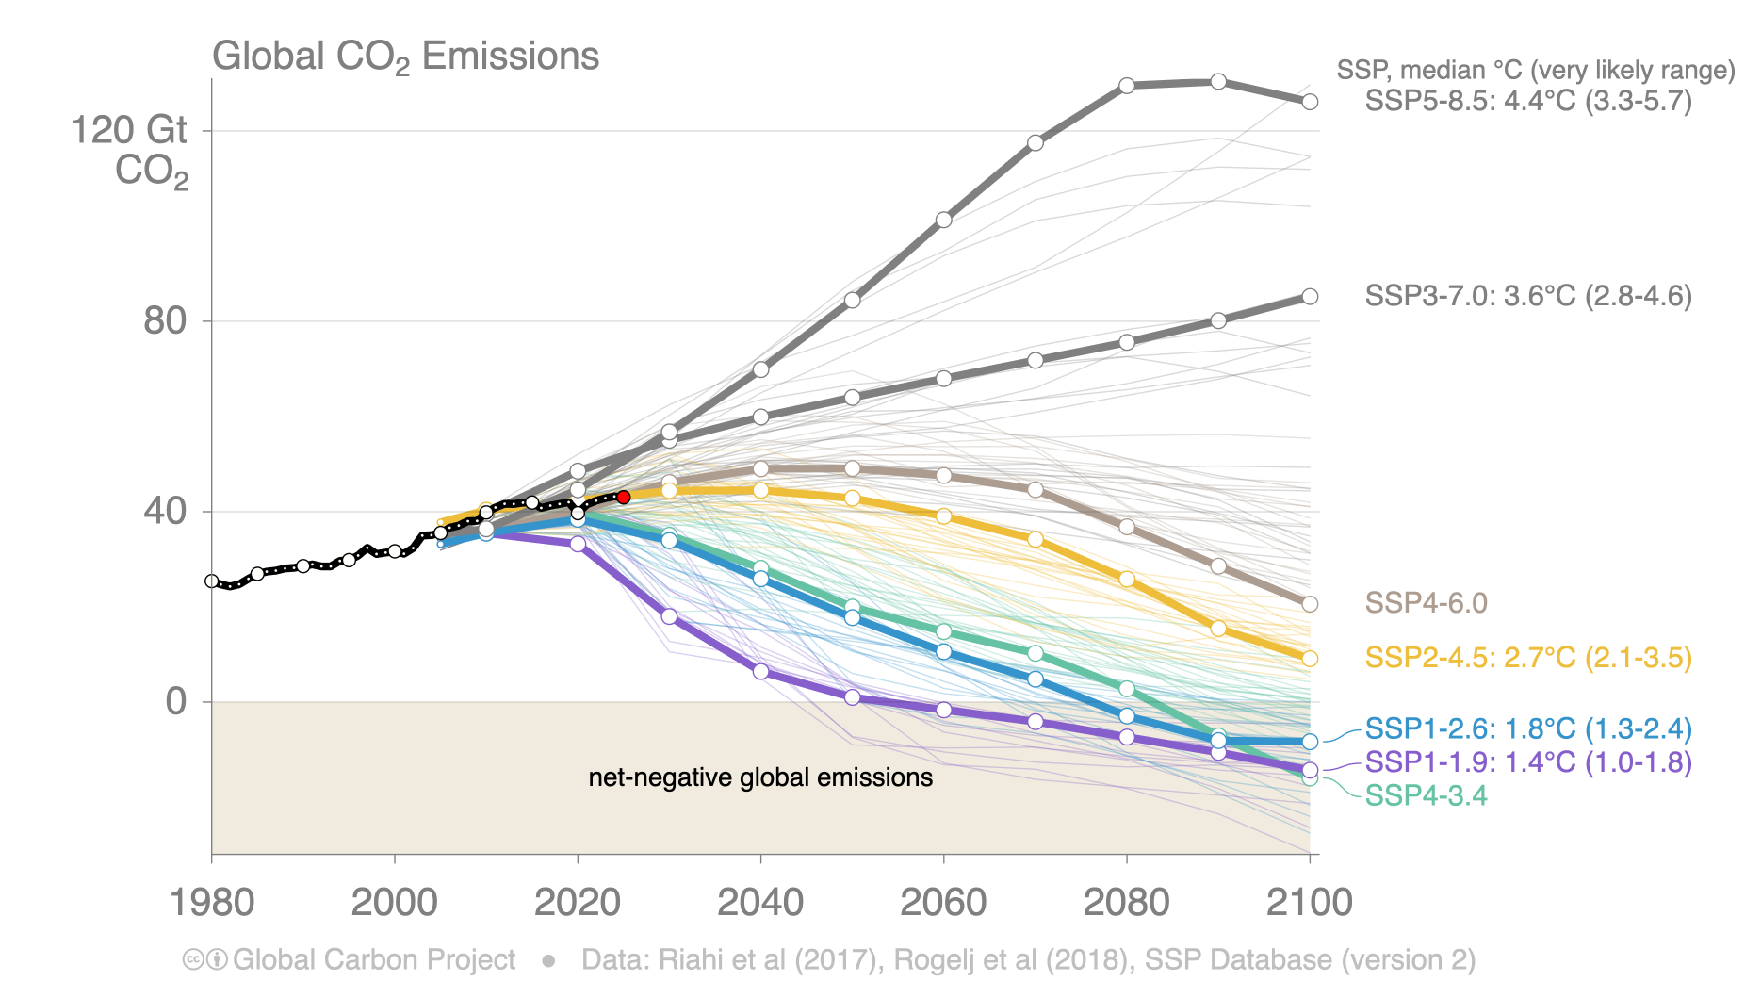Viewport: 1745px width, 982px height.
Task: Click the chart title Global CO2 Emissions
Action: click(405, 57)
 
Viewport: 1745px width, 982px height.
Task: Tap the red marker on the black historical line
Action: click(623, 497)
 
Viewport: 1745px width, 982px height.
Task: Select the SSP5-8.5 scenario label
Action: click(1527, 101)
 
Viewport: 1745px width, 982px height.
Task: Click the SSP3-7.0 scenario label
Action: click(1527, 296)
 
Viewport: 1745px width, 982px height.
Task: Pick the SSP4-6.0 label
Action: click(1426, 603)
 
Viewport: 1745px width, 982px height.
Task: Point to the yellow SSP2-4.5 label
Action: click(1527, 658)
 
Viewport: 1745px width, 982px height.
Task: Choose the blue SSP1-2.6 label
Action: click(1527, 728)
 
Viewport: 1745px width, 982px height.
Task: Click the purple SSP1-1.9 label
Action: click(1527, 761)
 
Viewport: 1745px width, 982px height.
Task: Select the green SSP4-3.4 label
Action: click(1426, 795)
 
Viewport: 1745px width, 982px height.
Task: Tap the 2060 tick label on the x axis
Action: click(943, 902)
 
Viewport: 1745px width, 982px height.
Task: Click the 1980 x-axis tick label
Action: click(212, 902)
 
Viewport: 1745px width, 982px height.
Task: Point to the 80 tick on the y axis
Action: click(165, 321)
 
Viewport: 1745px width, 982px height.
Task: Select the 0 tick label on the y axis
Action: click(176, 701)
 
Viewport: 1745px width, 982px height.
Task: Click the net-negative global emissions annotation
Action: click(760, 777)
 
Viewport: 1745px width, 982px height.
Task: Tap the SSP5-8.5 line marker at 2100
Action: click(1310, 102)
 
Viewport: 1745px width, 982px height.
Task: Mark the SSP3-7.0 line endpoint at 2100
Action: click(1310, 297)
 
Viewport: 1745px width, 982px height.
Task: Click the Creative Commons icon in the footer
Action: click(193, 959)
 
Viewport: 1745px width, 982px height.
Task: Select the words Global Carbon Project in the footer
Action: click(374, 959)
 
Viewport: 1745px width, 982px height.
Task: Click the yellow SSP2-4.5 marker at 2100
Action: click(1310, 659)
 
